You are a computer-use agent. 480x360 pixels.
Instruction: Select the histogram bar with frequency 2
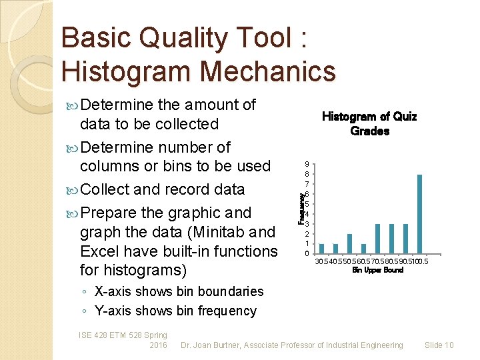349,243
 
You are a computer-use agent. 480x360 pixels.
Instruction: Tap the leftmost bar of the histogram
321,248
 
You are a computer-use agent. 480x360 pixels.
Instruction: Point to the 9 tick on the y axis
306,164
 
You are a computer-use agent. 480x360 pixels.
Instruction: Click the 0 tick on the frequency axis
306,253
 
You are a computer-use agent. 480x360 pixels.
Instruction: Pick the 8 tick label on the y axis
306,174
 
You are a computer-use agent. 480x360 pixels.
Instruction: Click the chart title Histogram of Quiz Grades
369,123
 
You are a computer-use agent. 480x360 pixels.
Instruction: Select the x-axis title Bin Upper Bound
377,270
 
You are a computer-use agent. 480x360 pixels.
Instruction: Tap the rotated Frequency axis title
301,207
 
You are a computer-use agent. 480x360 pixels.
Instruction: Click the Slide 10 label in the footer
439,345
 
